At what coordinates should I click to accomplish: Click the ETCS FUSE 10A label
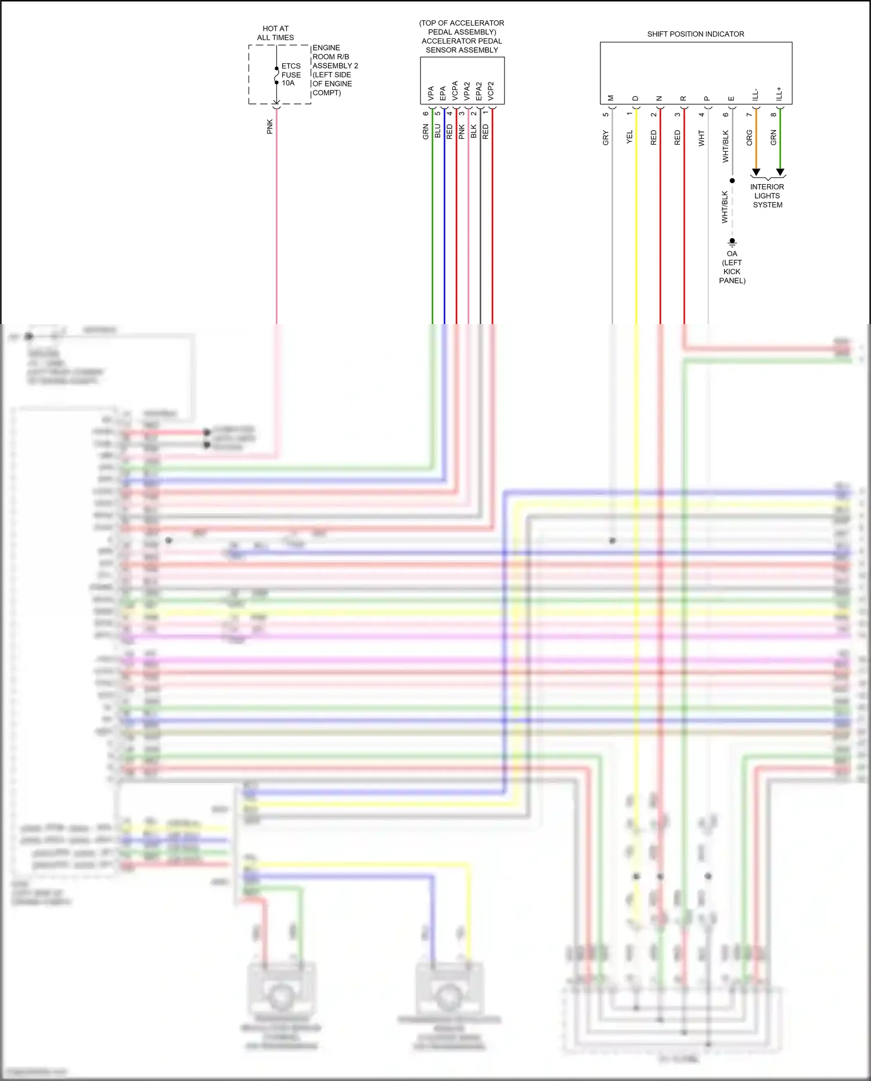(x=291, y=74)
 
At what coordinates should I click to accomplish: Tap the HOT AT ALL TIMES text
(x=275, y=33)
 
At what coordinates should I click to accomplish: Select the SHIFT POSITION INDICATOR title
(x=695, y=34)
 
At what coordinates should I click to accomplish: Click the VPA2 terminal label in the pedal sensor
(x=467, y=91)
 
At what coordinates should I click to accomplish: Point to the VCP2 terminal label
(x=491, y=91)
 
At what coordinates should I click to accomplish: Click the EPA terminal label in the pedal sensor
(x=442, y=93)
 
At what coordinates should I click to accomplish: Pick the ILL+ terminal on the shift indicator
(x=779, y=94)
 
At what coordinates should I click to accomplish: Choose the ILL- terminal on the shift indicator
(x=755, y=95)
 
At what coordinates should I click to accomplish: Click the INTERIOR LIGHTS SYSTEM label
(x=767, y=196)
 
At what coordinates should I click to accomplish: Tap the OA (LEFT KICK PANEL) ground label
(x=732, y=267)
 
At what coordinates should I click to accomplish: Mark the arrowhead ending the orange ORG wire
(x=755, y=173)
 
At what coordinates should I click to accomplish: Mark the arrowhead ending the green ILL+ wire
(x=780, y=173)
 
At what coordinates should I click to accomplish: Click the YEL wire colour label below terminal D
(x=629, y=138)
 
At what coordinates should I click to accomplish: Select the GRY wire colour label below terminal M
(x=606, y=138)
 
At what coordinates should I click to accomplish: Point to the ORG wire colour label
(x=749, y=138)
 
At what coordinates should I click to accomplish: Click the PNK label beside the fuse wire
(x=269, y=127)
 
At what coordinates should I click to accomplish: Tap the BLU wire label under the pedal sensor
(x=437, y=131)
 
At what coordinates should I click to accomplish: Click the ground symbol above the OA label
(x=732, y=242)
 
